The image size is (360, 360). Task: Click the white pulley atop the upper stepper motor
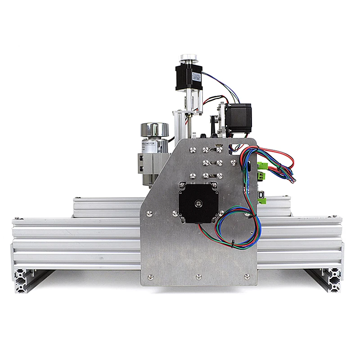tap(189, 59)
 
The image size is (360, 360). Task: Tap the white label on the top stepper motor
tap(197, 76)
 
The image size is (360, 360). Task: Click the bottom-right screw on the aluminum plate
tap(246, 275)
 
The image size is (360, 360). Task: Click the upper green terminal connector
tap(261, 167)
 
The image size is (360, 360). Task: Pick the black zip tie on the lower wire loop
tap(233, 244)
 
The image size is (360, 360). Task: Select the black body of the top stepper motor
tap(185, 76)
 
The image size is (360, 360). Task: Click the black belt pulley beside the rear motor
tap(218, 121)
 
